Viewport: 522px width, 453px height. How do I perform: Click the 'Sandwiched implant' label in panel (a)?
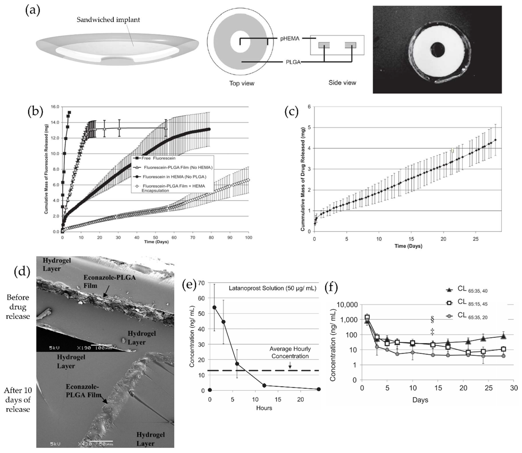[x=108, y=20]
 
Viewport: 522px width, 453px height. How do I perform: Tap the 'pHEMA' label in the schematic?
[x=290, y=39]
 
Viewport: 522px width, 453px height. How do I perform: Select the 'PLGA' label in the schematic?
[x=293, y=62]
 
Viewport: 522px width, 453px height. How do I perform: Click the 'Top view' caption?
[x=242, y=83]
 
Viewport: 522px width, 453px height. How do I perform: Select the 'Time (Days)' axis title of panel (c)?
[x=408, y=246]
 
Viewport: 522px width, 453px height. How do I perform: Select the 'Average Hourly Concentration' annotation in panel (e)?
[x=290, y=352]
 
